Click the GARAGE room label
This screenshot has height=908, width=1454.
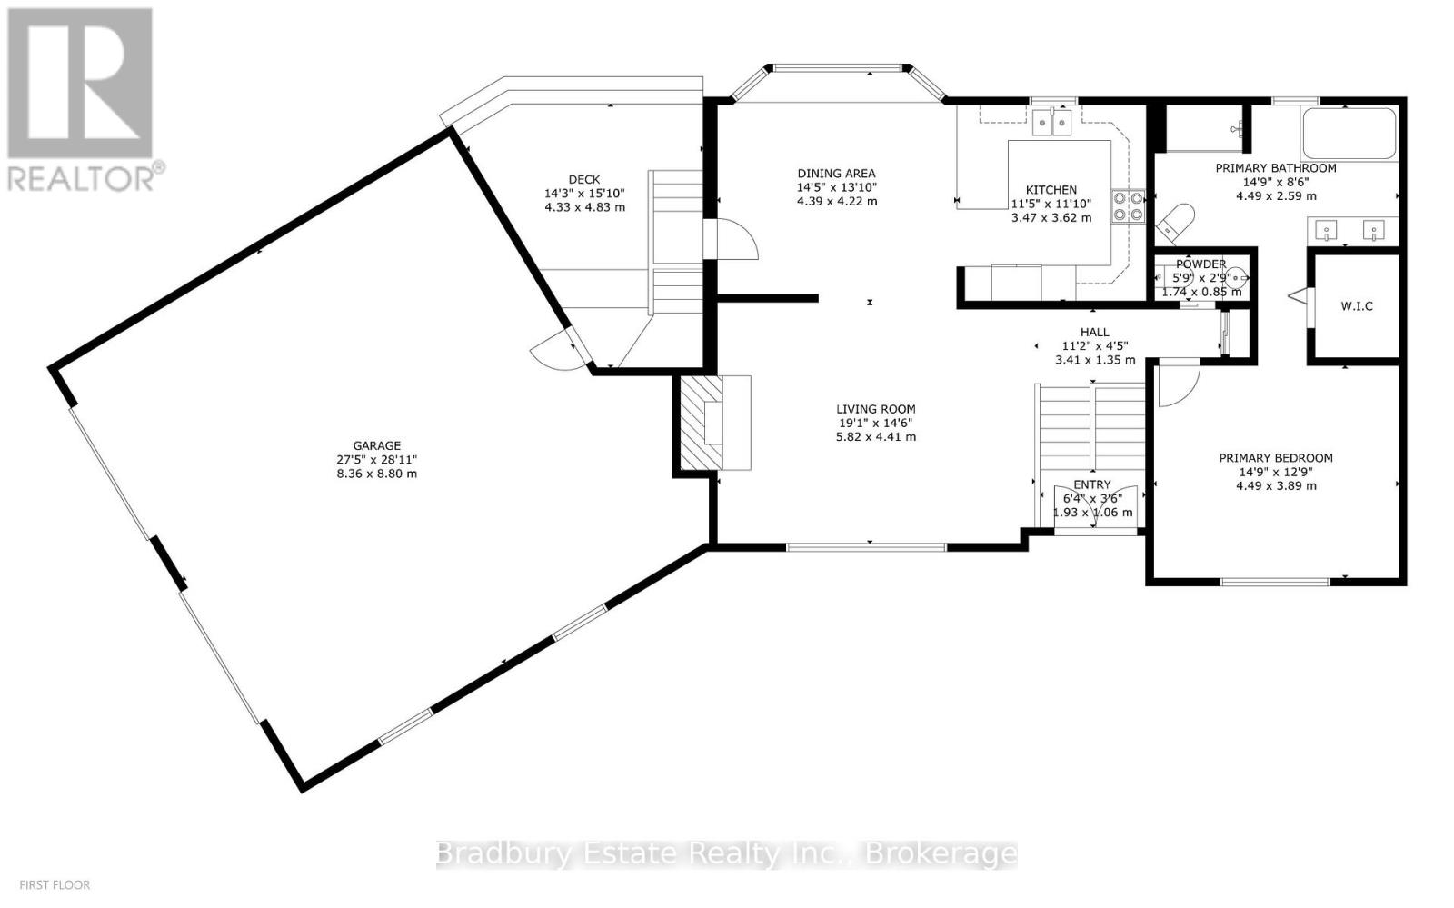pyautogui.click(x=376, y=446)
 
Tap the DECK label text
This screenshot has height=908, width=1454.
pyautogui.click(x=584, y=180)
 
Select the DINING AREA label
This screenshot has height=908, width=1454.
pyautogui.click(x=837, y=174)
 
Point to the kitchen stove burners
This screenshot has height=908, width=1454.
pyautogui.click(x=1128, y=206)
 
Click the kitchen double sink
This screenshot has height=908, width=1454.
pyautogui.click(x=1051, y=123)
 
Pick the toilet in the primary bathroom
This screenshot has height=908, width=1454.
pyautogui.click(x=1176, y=222)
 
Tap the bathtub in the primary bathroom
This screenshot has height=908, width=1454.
pyautogui.click(x=1349, y=134)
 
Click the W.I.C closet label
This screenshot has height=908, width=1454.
pyautogui.click(x=1357, y=306)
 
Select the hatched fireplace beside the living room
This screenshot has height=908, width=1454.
pyautogui.click(x=702, y=423)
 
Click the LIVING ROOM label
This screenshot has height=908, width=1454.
pyautogui.click(x=876, y=409)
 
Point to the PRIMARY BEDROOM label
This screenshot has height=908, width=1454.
pyautogui.click(x=1276, y=458)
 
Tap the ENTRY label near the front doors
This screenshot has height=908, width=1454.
pyautogui.click(x=1091, y=484)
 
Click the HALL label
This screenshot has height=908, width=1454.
pyautogui.click(x=1095, y=333)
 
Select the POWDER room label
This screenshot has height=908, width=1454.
pyautogui.click(x=1200, y=264)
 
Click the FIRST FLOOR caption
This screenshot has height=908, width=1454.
pyautogui.click(x=55, y=884)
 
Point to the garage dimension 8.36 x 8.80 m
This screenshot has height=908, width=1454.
pyautogui.click(x=376, y=474)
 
